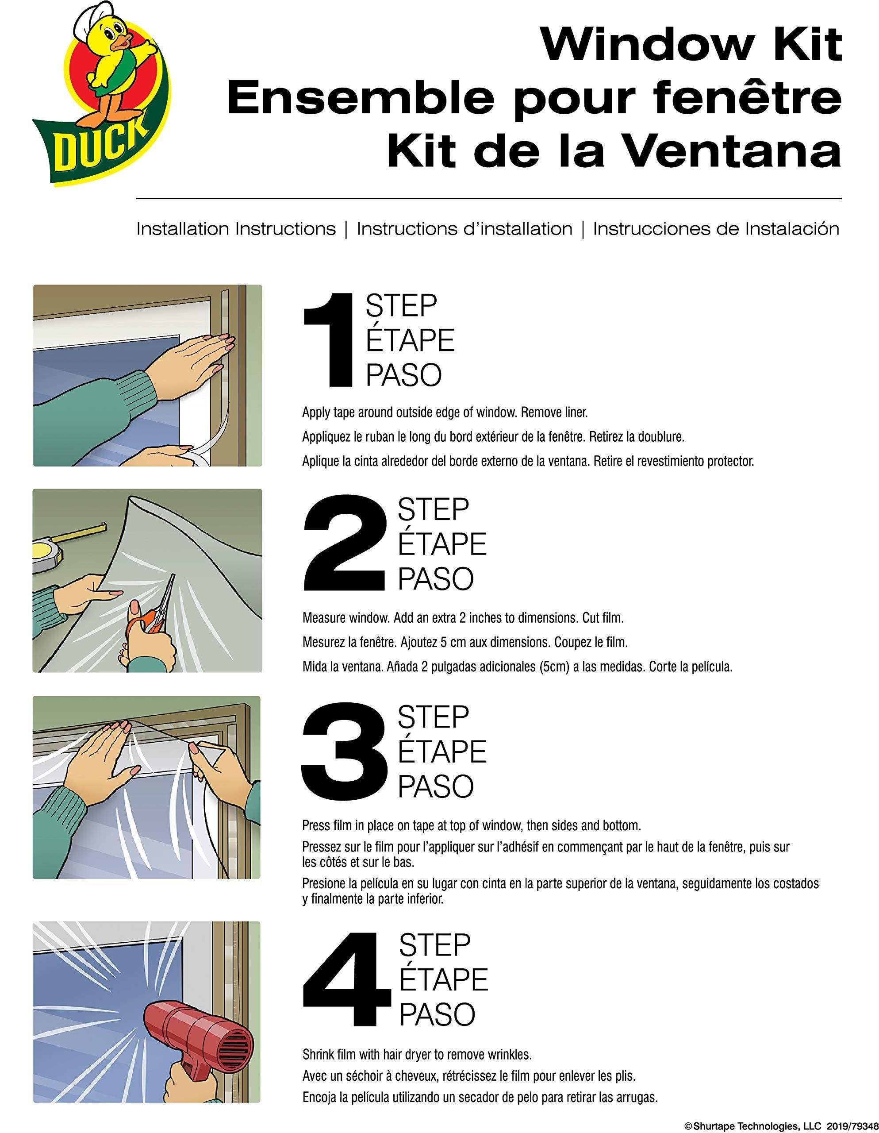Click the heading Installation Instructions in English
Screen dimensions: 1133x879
pos(236,229)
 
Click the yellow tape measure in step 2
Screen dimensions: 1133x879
pos(49,555)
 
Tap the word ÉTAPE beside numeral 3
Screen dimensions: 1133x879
pos(442,751)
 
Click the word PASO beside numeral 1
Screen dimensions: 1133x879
pos(403,375)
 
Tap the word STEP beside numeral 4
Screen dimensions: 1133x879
pos(434,945)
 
